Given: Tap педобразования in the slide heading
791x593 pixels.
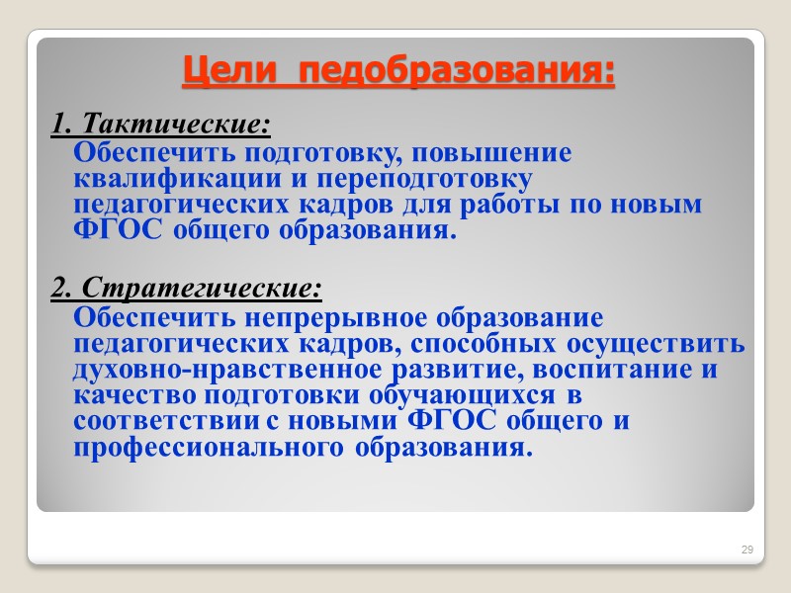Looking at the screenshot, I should (457, 72).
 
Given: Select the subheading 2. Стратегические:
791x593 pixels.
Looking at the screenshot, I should (187, 289).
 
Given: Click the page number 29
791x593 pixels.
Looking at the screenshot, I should (747, 549).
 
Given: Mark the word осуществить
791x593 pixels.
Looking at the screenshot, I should (657, 345).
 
